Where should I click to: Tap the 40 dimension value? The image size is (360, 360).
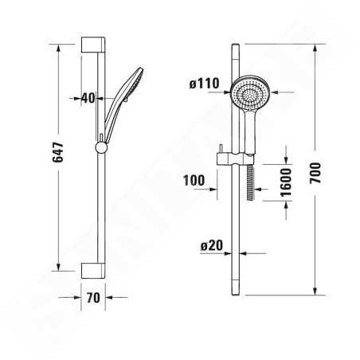coord(88,98)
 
